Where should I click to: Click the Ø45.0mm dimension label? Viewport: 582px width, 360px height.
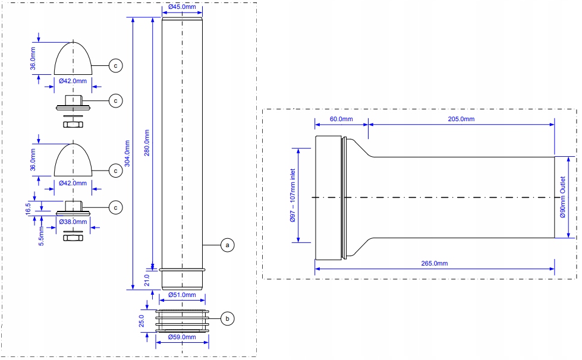[x=182, y=7]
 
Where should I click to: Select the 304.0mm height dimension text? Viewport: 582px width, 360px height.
[x=127, y=153]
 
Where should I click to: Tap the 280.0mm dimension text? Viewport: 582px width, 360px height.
[x=147, y=143]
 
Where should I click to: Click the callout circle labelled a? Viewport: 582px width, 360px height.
[x=228, y=245]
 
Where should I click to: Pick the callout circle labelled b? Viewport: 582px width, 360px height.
[x=228, y=318]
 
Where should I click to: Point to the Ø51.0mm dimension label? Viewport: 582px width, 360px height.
[x=182, y=295]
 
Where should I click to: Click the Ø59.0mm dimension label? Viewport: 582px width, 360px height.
[x=182, y=337]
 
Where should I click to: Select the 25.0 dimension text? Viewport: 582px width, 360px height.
[x=141, y=321]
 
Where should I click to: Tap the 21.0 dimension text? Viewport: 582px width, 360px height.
[x=147, y=280]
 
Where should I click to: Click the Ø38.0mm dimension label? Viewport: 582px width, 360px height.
[x=73, y=222]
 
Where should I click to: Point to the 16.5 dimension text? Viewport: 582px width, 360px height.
[x=29, y=209]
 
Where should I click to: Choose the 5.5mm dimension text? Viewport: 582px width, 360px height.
[x=42, y=236]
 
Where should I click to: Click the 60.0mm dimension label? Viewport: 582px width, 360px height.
[x=341, y=119]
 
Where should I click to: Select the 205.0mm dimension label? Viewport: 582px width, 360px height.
[x=461, y=119]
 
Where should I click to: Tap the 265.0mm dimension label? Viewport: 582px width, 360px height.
[x=435, y=263]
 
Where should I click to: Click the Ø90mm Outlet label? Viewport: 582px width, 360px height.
[x=563, y=197]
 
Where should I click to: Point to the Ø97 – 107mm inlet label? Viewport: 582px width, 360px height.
[x=292, y=195]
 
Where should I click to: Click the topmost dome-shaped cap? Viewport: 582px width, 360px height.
[x=73, y=59]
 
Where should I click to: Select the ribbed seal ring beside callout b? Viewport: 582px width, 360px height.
[x=182, y=321]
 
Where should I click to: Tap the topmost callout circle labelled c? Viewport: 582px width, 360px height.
[x=116, y=65]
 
